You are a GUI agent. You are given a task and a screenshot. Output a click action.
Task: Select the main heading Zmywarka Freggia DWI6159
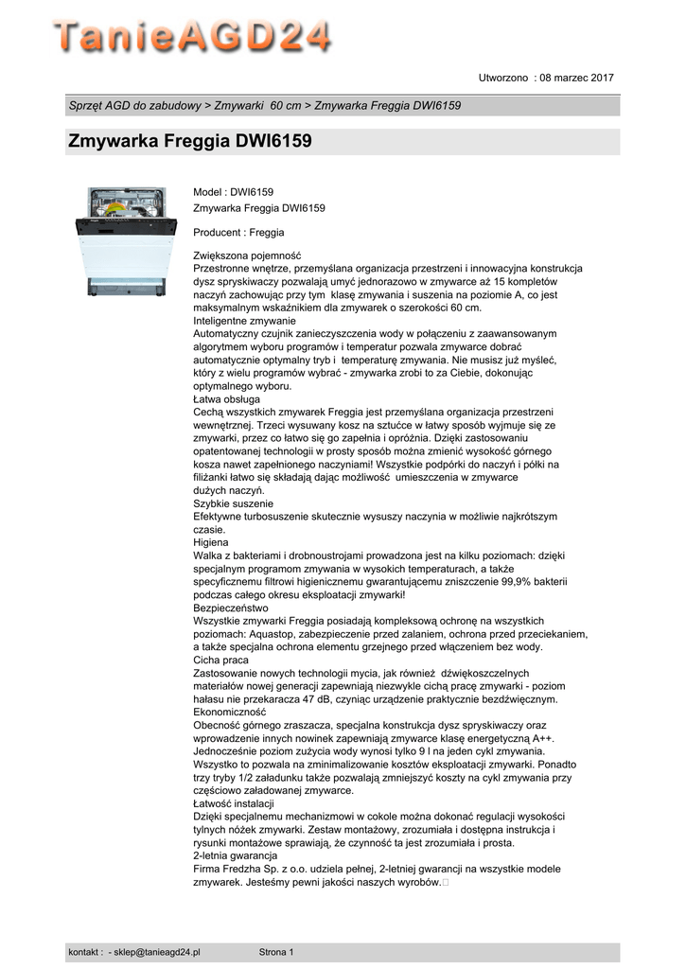tap(190, 142)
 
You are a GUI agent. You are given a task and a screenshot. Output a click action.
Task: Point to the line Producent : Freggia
tap(238, 232)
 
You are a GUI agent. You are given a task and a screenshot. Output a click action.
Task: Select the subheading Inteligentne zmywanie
tap(245, 321)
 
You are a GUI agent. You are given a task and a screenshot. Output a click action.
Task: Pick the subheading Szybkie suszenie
tap(233, 503)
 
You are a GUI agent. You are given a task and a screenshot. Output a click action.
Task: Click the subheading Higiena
tap(212, 543)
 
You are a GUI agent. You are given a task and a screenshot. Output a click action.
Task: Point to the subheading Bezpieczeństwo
tap(231, 608)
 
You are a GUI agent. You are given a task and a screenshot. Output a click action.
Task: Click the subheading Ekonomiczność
tap(230, 712)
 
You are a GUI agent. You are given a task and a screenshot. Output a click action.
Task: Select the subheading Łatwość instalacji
tap(234, 802)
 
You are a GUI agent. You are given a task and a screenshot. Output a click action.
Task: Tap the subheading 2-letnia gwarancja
tap(236, 855)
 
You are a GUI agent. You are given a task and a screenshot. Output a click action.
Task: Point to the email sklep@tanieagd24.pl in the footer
tap(160, 951)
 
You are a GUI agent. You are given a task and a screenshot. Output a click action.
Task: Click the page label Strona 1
tap(276, 951)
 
